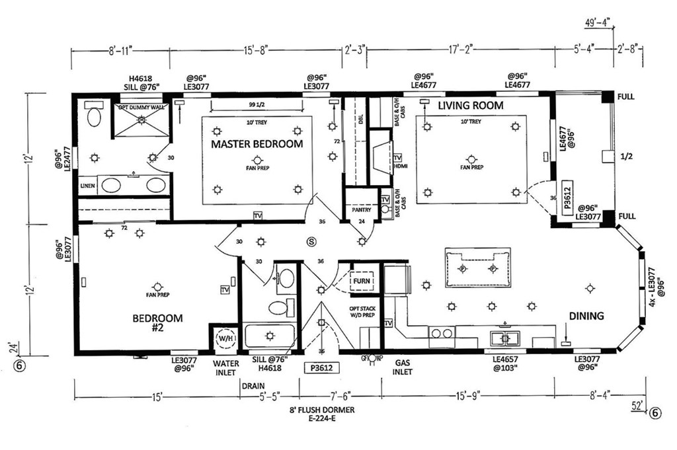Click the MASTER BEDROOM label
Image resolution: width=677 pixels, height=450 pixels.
(x=257, y=143)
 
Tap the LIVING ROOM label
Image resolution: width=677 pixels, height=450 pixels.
(x=471, y=106)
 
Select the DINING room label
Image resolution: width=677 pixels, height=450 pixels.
(x=586, y=316)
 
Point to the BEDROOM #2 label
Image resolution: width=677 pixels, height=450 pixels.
(x=157, y=323)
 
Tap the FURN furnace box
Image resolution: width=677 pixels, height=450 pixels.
(x=361, y=280)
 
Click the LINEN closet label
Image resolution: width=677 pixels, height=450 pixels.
(x=88, y=186)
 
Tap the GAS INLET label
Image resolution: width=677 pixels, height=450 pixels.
(x=403, y=367)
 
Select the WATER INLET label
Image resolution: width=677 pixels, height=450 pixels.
(x=225, y=367)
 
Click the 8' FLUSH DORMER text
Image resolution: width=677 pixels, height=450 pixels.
(x=321, y=410)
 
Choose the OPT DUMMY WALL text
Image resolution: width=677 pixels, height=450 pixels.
(x=139, y=108)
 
